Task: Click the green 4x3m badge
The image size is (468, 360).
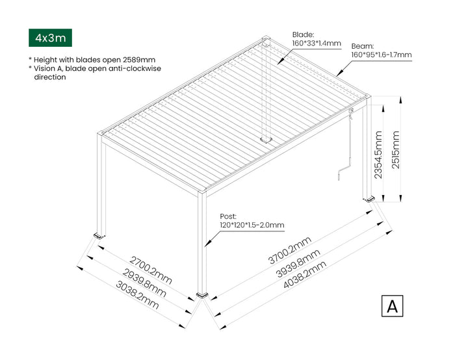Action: point(50,38)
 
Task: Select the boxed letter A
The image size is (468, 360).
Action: point(392,306)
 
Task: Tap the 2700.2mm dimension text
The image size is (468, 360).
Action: point(151,270)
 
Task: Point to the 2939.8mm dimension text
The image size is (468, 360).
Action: point(144,283)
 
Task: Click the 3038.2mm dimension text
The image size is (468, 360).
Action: point(137,295)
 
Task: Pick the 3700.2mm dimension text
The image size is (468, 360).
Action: point(290,250)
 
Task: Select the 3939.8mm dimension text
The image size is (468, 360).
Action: point(298,263)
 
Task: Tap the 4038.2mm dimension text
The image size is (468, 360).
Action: point(305,274)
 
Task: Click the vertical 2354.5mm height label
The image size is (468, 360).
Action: point(378,155)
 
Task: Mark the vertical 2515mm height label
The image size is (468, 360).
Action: point(395,149)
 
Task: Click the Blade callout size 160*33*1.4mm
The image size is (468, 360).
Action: point(317,44)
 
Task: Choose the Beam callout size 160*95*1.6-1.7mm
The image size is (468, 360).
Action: point(381,55)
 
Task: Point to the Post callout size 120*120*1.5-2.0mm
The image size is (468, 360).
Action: point(252,225)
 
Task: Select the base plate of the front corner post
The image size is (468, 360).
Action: point(202,296)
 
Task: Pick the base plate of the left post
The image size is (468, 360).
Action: point(99,236)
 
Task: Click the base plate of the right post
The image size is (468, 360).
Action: point(369,199)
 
